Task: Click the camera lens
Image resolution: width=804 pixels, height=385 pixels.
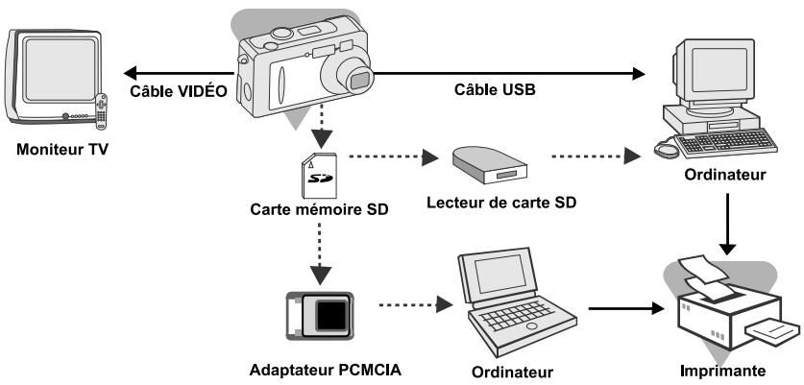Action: [x=354, y=77]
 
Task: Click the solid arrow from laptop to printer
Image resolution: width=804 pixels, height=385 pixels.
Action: [x=624, y=309]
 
